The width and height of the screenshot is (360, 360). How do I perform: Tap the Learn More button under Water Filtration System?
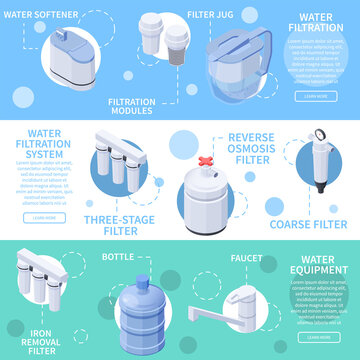click(x=43, y=217)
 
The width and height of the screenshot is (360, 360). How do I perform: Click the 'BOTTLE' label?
click(x=119, y=258)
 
